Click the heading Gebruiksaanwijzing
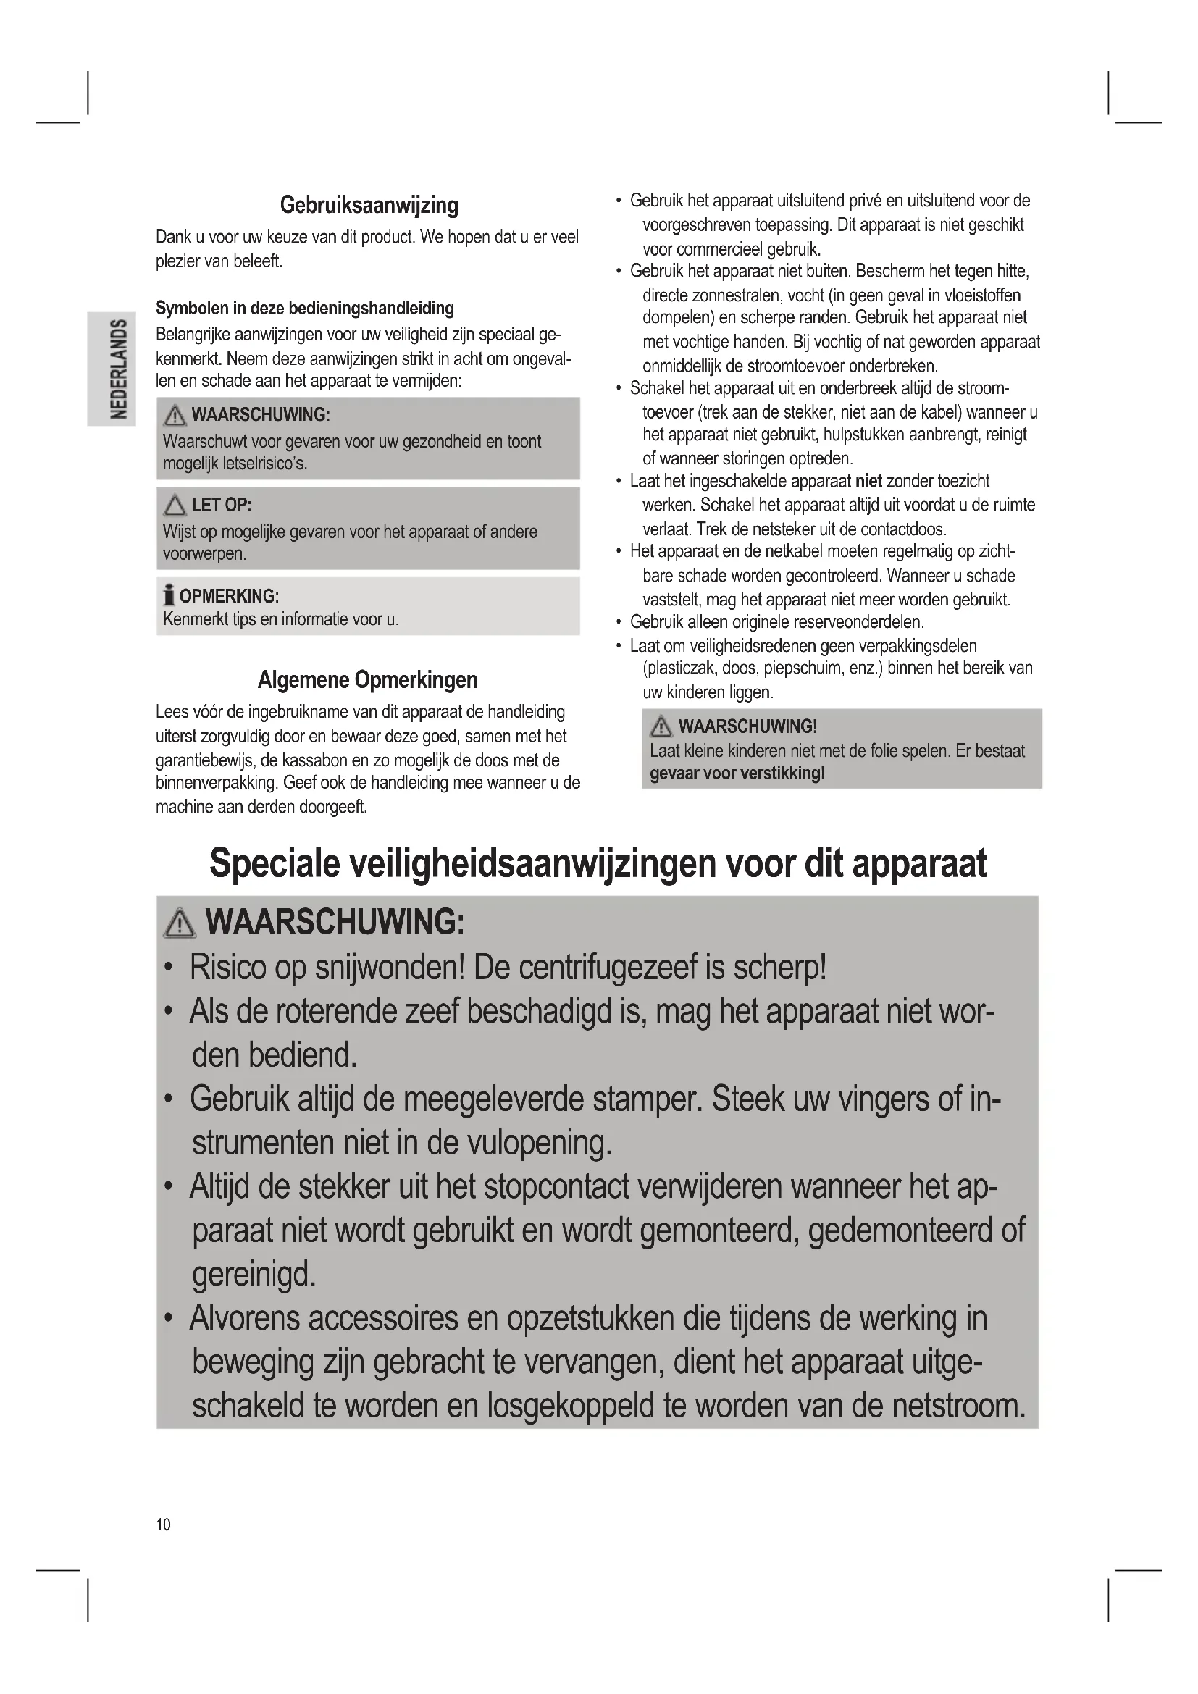[x=369, y=205]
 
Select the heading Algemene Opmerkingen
[x=367, y=679]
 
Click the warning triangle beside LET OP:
[x=175, y=506]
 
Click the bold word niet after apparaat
[x=868, y=482]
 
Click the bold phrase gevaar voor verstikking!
[x=737, y=773]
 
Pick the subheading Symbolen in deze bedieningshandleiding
[x=305, y=309]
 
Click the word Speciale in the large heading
[x=275, y=863]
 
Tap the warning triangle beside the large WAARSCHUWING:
[x=179, y=923]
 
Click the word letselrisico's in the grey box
[x=265, y=464]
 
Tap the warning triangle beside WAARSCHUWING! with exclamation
[x=661, y=727]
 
